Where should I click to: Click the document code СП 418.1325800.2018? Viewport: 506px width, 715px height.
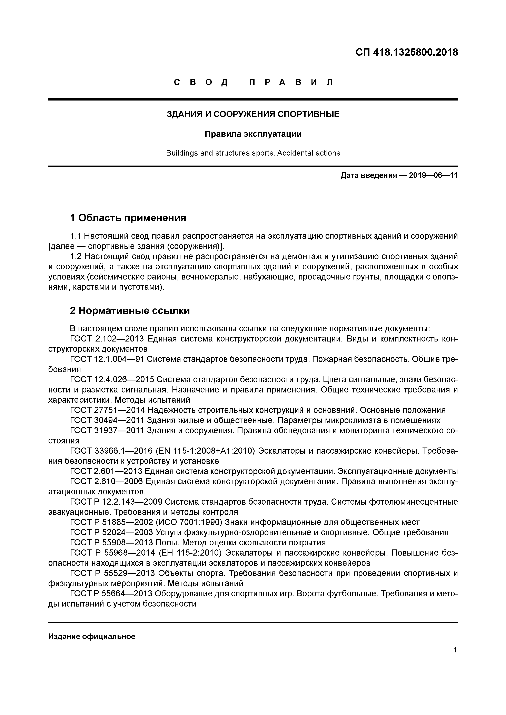point(407,52)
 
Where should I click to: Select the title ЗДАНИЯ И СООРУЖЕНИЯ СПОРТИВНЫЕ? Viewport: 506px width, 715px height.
point(253,114)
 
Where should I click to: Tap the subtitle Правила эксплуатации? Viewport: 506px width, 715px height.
point(253,134)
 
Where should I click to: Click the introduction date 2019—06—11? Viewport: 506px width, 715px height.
point(433,175)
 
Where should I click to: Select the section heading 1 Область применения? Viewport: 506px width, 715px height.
point(128,218)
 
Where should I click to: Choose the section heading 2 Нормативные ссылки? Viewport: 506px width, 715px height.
point(130,311)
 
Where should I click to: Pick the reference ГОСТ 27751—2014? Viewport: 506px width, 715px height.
point(108,410)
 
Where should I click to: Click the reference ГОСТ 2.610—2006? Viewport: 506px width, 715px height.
point(106,481)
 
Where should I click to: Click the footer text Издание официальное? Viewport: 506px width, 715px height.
point(92,628)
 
